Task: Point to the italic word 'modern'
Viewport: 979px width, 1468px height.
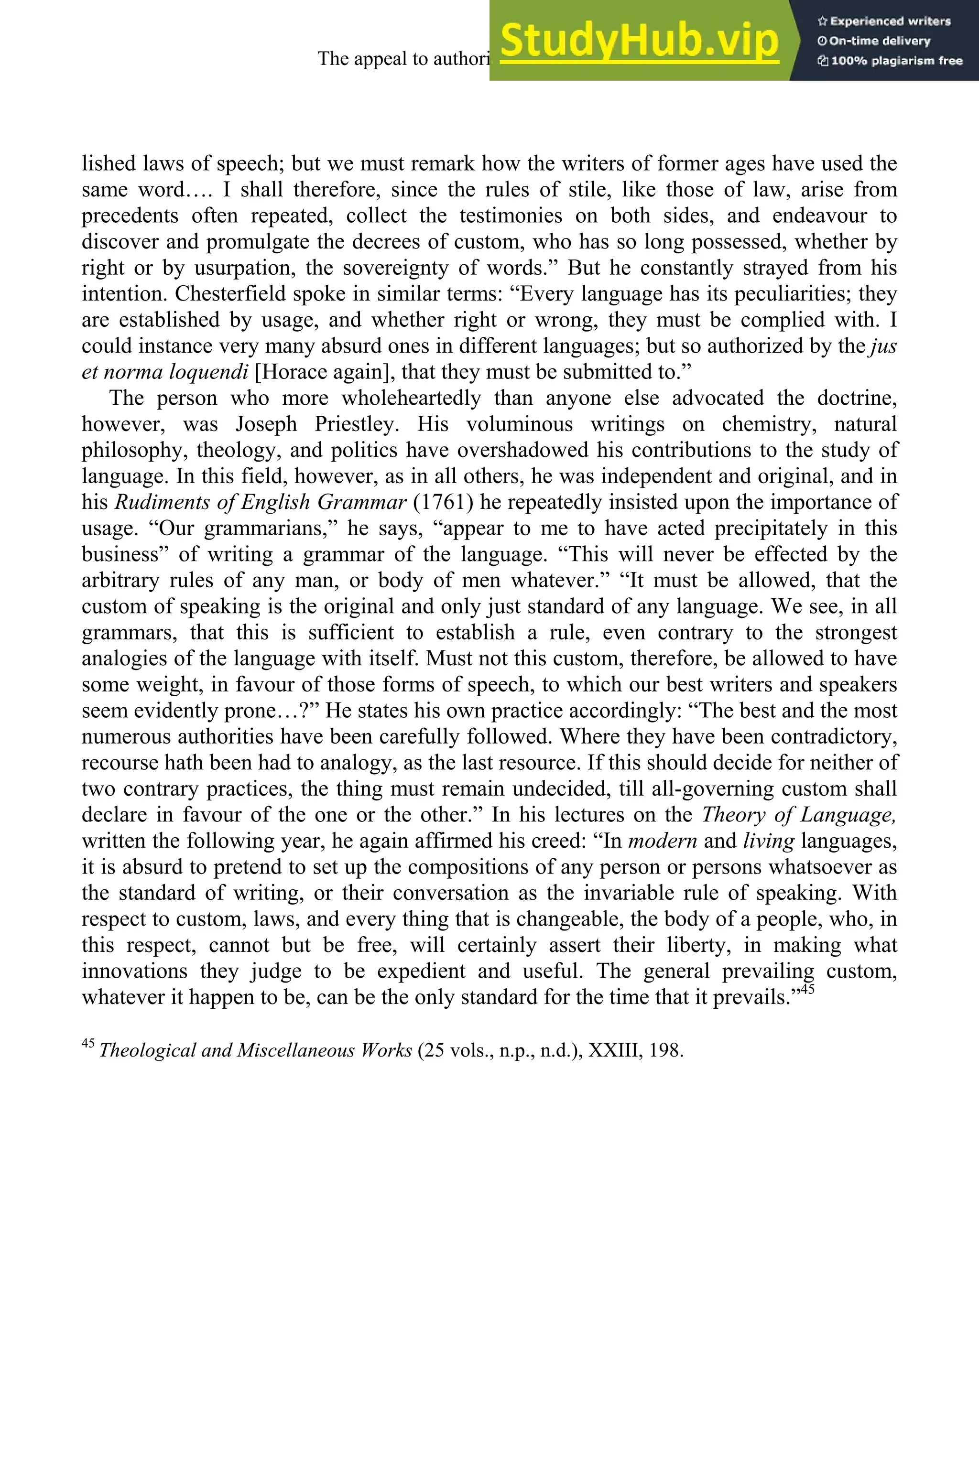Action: (x=662, y=841)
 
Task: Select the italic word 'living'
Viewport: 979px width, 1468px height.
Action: (x=768, y=841)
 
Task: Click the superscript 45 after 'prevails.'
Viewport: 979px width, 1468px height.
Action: (x=807, y=989)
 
